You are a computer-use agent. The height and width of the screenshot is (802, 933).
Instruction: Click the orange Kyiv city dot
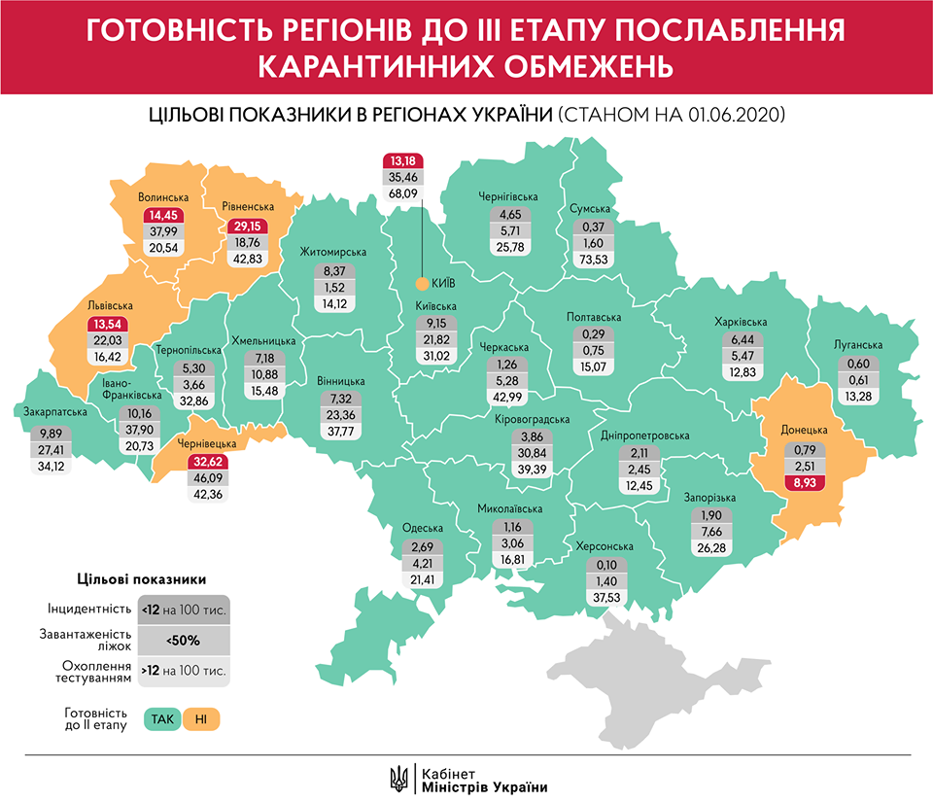[421, 284]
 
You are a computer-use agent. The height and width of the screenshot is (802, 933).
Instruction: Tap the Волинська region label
[162, 197]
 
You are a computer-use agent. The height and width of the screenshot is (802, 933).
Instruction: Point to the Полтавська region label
[593, 318]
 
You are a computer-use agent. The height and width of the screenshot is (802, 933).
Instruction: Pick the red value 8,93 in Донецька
[805, 480]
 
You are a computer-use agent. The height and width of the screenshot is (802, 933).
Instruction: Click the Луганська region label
[857, 345]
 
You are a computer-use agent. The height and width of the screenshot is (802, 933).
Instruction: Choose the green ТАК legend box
[161, 719]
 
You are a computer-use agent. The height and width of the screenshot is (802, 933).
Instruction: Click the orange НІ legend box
[201, 719]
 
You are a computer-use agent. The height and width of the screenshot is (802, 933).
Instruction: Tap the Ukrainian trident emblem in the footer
[398, 778]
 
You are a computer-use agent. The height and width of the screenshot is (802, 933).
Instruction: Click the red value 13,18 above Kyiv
[403, 160]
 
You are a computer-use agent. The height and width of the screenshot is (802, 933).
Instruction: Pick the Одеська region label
[424, 529]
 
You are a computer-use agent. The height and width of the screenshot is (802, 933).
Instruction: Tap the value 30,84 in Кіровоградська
[532, 454]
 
